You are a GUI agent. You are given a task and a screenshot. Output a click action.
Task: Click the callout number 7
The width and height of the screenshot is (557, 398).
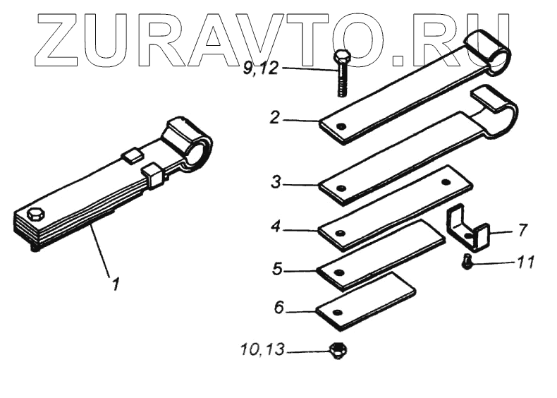(521, 229)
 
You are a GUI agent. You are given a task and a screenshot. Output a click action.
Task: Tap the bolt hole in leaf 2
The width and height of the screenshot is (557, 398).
(340, 128)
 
